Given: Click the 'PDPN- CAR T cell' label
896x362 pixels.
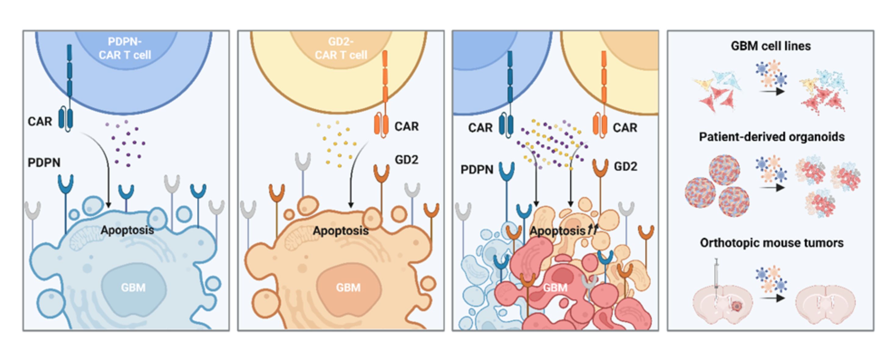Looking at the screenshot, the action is [x=125, y=48].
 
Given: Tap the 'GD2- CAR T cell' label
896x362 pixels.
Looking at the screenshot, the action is [x=341, y=48].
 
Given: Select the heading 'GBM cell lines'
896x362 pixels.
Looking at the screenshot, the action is [x=771, y=46].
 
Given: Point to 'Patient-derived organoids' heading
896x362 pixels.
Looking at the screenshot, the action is [x=772, y=137].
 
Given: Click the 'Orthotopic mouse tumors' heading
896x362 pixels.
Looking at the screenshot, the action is [x=772, y=243].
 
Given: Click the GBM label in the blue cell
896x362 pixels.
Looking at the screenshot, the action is [x=133, y=287].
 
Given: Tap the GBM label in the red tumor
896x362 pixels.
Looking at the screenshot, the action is [x=555, y=287].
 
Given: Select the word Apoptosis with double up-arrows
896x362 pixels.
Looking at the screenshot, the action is [x=564, y=230].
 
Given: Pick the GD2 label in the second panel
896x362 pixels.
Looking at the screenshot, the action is [x=407, y=159].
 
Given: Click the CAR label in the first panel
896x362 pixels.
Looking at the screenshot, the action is [x=40, y=121].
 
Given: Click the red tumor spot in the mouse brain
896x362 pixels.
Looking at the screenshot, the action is [x=736, y=306].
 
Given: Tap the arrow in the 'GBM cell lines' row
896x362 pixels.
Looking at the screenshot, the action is [x=772, y=92].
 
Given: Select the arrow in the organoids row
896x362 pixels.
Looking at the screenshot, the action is [x=772, y=188].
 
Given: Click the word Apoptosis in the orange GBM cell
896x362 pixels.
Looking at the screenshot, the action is [x=341, y=230].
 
